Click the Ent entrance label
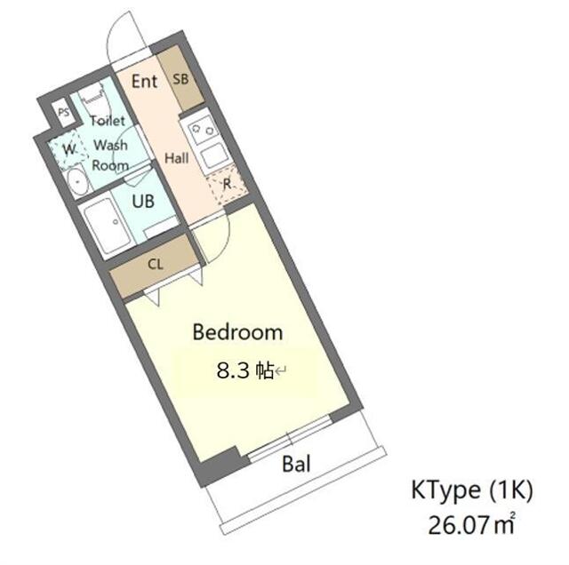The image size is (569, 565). [144, 82]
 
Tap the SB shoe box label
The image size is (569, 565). [180, 78]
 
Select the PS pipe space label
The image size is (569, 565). [61, 113]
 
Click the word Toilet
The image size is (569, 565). [106, 120]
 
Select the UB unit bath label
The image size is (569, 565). [142, 202]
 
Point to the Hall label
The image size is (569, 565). [176, 158]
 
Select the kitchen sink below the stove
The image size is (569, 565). [215, 158]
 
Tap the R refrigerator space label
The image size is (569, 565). [227, 185]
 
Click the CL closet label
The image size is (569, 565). [155, 264]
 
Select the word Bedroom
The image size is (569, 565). [237, 333]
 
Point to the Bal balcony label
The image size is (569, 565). [296, 463]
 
